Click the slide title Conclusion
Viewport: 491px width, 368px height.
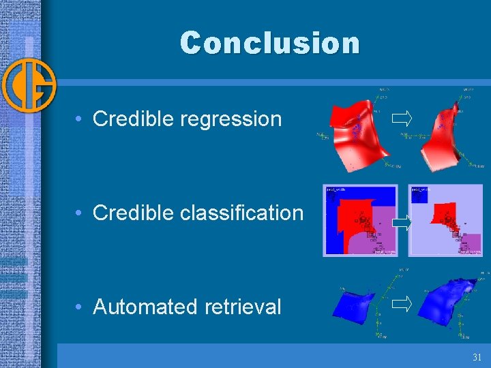[269, 43]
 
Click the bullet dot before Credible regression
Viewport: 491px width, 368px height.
[80, 119]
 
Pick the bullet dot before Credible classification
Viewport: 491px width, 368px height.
[80, 213]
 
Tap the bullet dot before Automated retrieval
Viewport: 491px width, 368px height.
[80, 307]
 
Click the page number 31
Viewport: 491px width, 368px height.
[476, 357]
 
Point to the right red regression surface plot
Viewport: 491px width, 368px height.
[443, 133]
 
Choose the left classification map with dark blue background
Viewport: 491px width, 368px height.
[360, 220]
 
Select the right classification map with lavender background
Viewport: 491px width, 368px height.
[445, 220]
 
